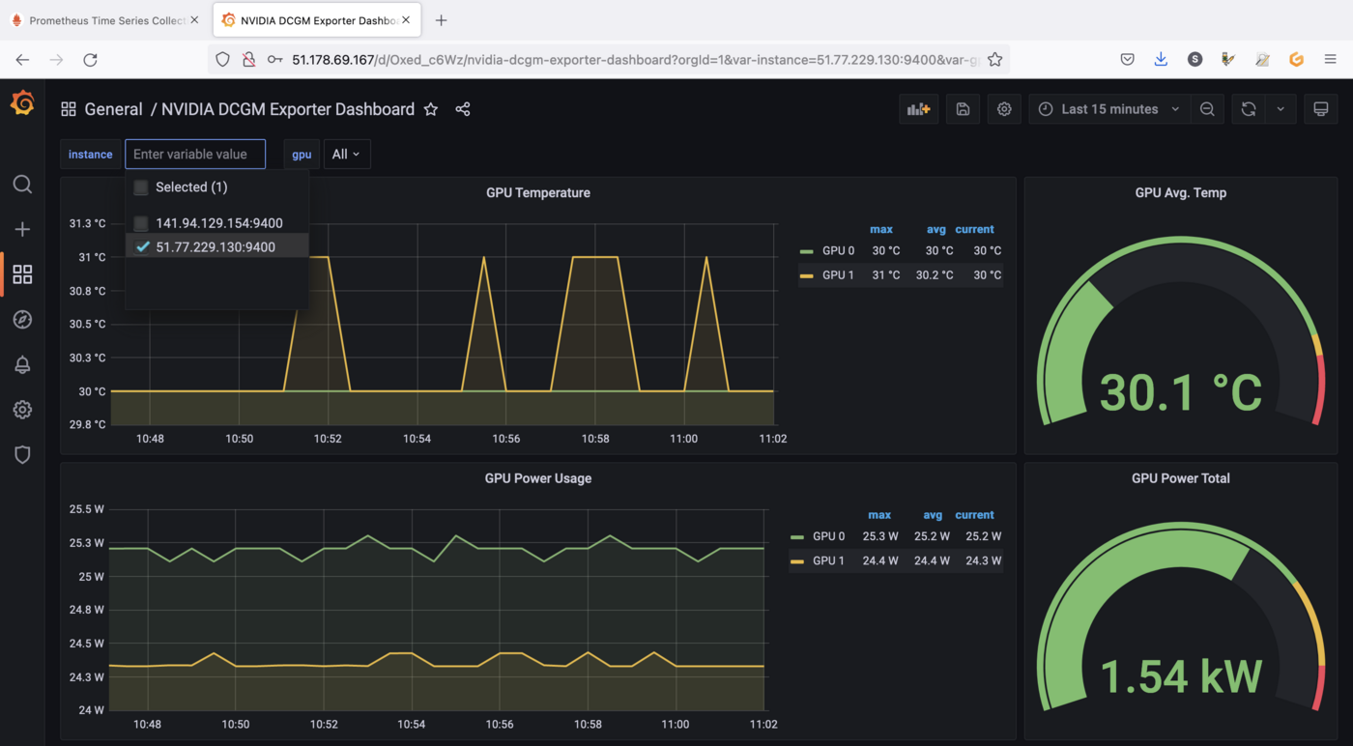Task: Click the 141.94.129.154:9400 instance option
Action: [x=218, y=223]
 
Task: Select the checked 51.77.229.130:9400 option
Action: [x=215, y=247]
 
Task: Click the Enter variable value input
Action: [x=195, y=155]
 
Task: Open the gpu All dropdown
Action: [x=346, y=155]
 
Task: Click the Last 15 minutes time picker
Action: [x=1109, y=109]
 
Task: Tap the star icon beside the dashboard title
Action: [x=431, y=109]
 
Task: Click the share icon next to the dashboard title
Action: [x=463, y=109]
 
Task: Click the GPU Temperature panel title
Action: [x=538, y=193]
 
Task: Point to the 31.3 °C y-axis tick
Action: [x=87, y=224]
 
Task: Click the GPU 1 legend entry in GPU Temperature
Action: [x=837, y=275]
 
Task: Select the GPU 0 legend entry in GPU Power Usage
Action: [x=828, y=536]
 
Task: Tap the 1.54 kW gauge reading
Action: [x=1180, y=676]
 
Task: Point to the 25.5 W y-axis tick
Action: [x=87, y=509]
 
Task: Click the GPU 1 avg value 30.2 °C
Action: [x=934, y=275]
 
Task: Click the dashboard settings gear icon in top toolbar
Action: [x=1004, y=109]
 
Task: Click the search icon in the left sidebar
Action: [x=22, y=185]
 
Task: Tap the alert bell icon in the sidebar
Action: [x=22, y=364]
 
